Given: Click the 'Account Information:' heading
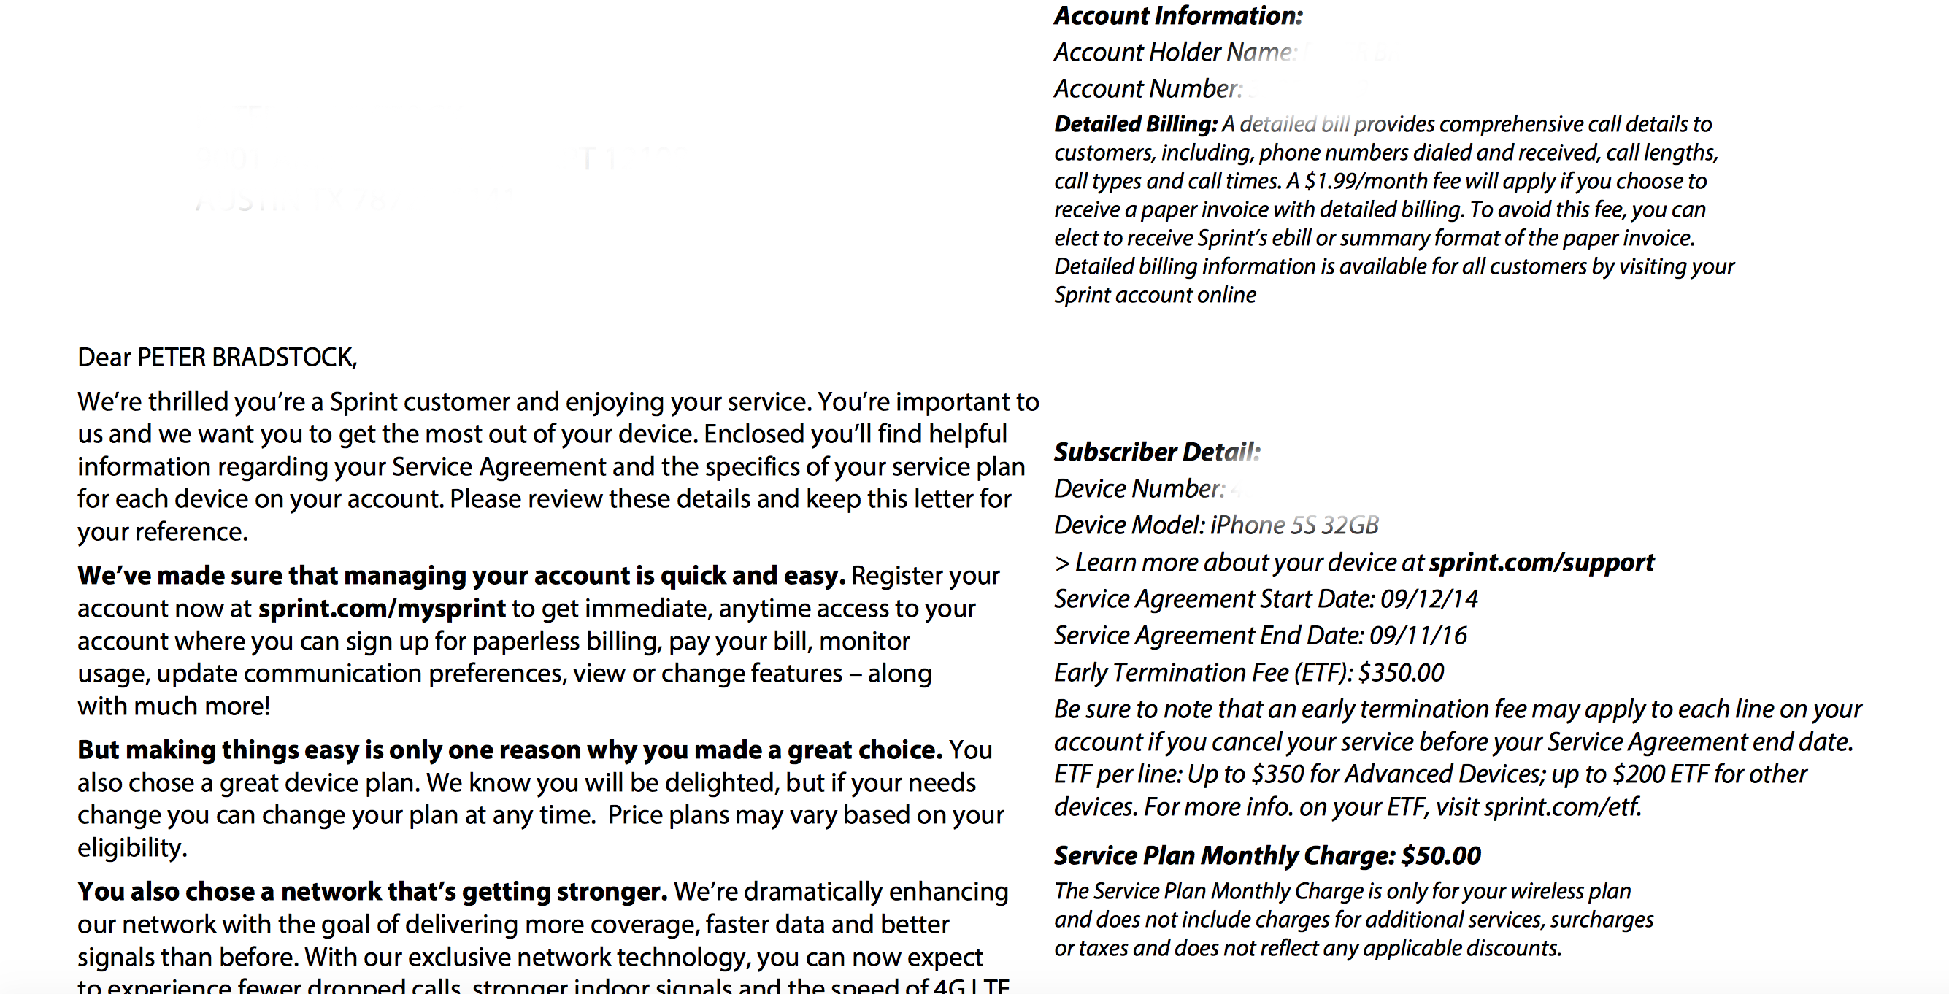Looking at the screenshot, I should [x=1178, y=16].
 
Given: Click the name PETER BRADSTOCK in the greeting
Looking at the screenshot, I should [x=245, y=357].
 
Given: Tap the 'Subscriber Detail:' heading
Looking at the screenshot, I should [x=1157, y=452].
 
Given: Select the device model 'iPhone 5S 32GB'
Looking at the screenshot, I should [x=1294, y=525].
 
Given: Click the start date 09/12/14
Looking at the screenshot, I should [x=1429, y=599].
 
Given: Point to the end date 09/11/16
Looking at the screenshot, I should [x=1418, y=636].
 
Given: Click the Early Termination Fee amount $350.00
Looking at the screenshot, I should [x=1401, y=672].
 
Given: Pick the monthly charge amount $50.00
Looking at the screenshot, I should [x=1440, y=855].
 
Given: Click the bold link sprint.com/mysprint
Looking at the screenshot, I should [x=382, y=608].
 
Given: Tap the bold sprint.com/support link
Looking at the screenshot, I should [x=1541, y=563].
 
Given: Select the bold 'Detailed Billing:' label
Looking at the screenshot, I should [x=1136, y=124].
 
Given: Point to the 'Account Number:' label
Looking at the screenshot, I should [x=1147, y=89].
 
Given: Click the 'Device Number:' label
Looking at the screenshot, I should [x=1139, y=489].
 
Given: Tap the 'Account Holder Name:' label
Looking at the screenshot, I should [x=1175, y=53].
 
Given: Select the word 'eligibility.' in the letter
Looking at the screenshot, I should [x=131, y=848].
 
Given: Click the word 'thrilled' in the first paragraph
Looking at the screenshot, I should [x=188, y=401].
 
